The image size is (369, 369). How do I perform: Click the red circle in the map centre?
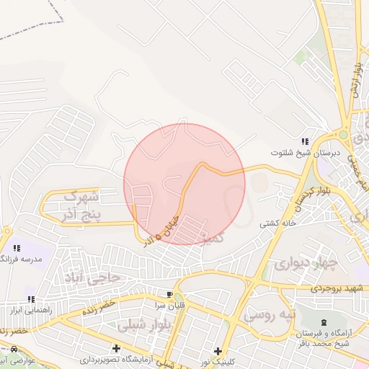click(x=184, y=184)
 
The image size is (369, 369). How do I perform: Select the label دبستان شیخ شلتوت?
click(x=301, y=153)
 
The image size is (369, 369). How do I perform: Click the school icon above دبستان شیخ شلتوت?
click(x=306, y=141)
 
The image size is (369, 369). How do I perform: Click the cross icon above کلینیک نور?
click(x=218, y=351)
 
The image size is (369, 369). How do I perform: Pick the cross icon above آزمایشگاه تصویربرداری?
click(x=117, y=348)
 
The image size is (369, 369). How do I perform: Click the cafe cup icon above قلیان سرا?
click(x=170, y=295)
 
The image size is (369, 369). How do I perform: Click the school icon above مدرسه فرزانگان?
click(x=16, y=248)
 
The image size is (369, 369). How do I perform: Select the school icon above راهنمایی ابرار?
click(x=30, y=299)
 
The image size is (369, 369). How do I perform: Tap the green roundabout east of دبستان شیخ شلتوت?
click(x=344, y=134)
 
